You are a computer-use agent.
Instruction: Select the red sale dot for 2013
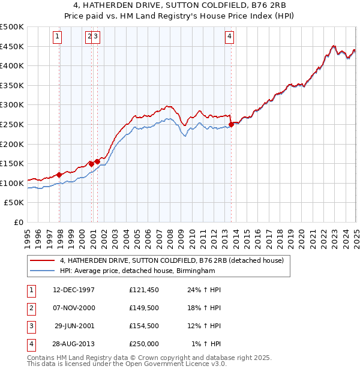231,124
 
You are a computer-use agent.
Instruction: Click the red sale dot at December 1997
59,175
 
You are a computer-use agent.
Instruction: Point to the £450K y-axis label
12,46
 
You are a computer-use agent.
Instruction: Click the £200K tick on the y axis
12,144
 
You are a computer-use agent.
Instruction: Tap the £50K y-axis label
14,203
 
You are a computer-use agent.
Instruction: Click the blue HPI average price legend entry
137,271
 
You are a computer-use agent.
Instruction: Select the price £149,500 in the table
144,308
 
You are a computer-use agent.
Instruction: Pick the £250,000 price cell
144,344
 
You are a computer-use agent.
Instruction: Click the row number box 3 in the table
30,326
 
